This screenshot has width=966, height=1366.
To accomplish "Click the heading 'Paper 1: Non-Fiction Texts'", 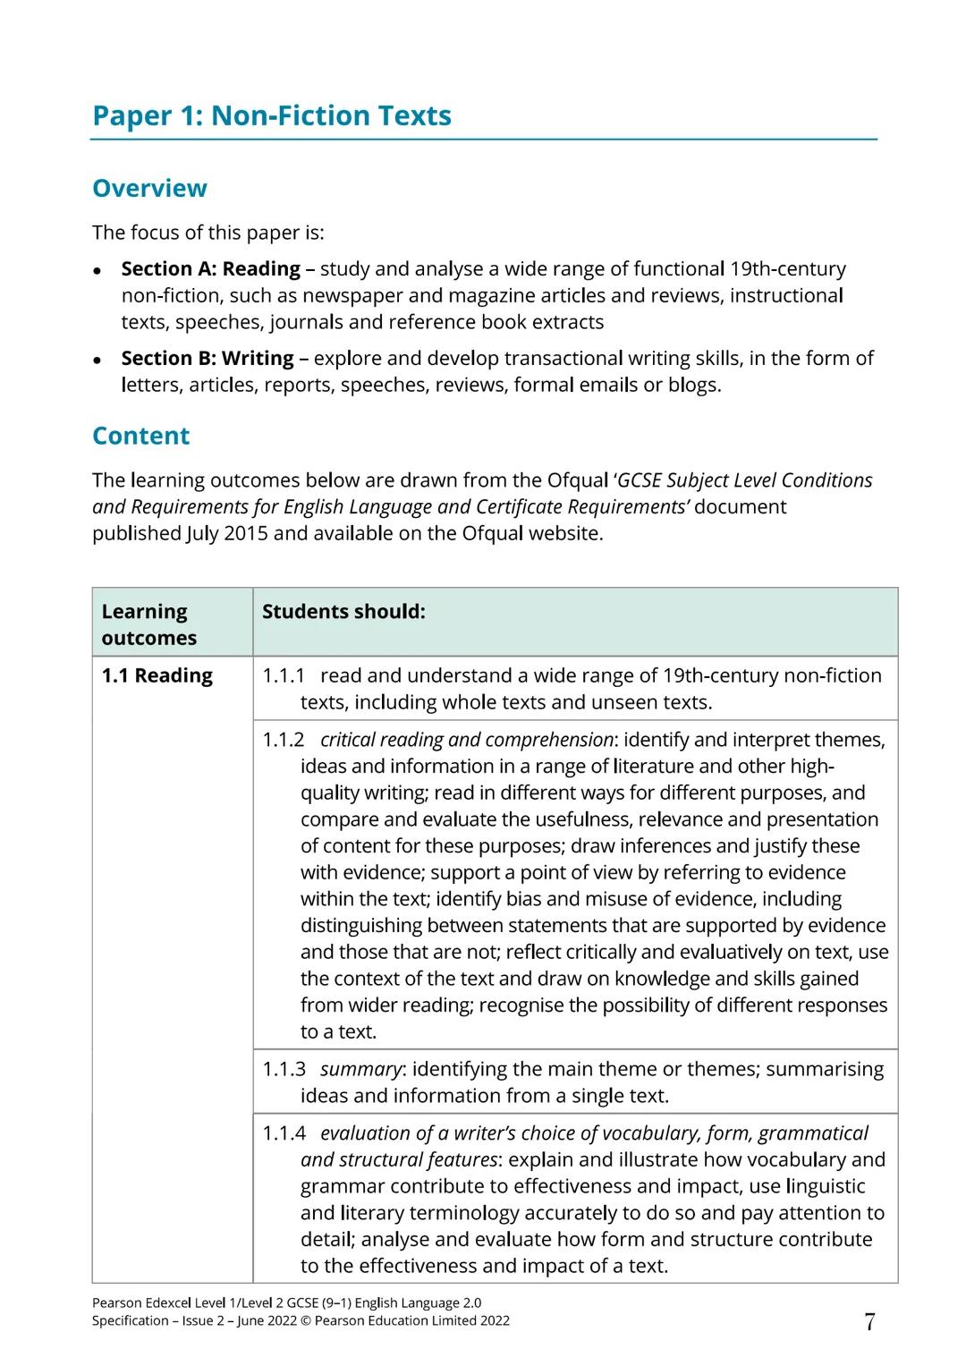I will (272, 115).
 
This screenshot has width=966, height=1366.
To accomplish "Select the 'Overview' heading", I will (149, 188).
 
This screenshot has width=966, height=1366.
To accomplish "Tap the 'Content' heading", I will (141, 436).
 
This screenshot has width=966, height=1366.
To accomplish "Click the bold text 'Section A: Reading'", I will (210, 268).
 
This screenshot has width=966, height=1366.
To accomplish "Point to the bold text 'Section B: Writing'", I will (207, 358).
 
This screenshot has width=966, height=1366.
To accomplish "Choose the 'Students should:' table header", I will (343, 612).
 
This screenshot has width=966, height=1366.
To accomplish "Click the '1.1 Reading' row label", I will (157, 675).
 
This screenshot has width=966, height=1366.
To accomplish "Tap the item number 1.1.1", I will (284, 675).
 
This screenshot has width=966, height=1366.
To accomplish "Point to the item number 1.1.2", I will (284, 740).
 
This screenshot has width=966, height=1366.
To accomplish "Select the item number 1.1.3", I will (284, 1069).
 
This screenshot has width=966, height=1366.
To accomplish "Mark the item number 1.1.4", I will (284, 1133).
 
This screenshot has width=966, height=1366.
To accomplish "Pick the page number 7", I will (869, 1322).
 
